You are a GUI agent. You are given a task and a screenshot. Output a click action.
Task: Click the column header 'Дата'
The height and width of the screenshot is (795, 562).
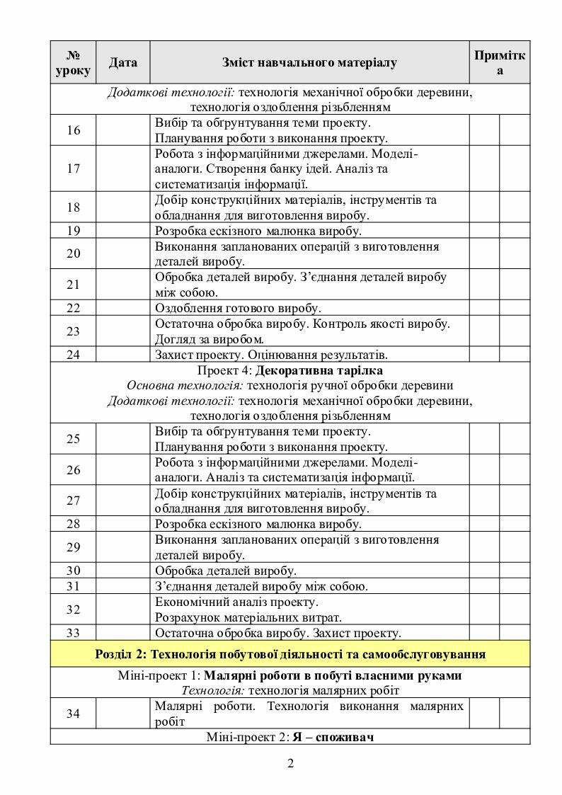pos(122,63)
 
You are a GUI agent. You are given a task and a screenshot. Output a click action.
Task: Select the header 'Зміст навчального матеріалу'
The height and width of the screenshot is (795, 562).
pos(309,63)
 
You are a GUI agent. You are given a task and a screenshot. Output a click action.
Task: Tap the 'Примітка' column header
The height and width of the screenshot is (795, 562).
pos(500,63)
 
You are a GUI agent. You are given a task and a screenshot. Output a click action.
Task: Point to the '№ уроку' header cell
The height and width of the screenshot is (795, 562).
pos(73,63)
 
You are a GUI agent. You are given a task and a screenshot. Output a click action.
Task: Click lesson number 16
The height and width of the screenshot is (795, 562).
pos(73,130)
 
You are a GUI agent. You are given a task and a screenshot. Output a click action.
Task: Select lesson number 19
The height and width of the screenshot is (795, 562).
pos(73,231)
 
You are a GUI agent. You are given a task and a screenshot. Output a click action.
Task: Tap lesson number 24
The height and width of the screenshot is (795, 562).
pos(73,355)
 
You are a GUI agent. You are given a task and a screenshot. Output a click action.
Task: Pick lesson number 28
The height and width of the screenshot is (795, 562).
pos(73,525)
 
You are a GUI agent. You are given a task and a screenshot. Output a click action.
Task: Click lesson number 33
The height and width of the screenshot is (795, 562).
pos(73,633)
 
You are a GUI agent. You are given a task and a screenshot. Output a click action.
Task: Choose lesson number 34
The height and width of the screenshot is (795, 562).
pos(73,714)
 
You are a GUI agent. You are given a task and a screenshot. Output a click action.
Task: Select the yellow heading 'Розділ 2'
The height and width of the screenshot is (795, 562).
pos(290,653)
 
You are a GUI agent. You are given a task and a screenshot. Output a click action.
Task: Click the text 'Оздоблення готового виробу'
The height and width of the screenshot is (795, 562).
pos(238,308)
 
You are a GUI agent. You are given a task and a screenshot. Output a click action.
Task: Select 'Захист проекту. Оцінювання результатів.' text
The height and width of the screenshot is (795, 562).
pos(272,355)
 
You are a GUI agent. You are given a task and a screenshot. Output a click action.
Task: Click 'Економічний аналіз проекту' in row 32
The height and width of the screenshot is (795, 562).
pos(236,602)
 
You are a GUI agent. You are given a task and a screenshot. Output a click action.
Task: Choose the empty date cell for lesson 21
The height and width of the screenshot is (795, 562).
pos(122,285)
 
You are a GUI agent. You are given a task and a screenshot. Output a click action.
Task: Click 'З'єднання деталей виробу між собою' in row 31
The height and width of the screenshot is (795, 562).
pos(260,586)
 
